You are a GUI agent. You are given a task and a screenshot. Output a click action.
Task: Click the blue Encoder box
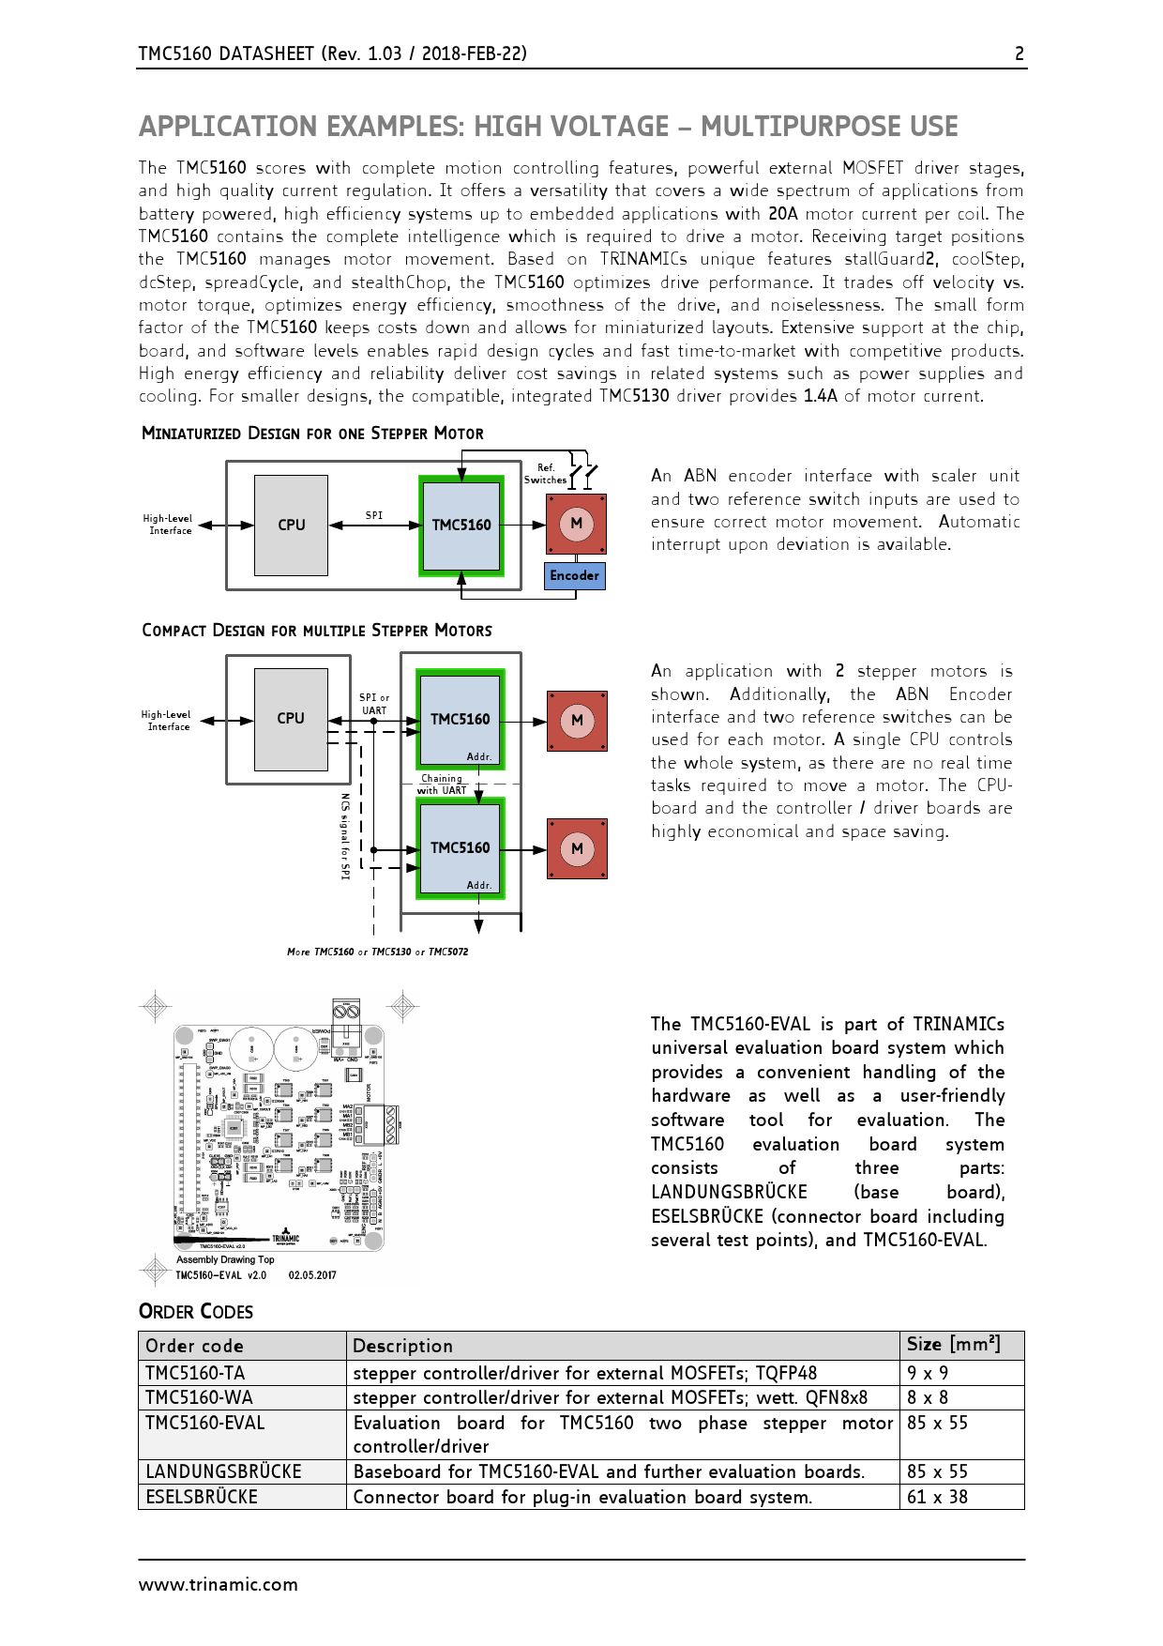(574, 575)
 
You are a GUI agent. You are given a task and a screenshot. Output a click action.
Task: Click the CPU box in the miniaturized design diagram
(291, 525)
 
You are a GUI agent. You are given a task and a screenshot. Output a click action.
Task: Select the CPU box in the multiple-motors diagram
(291, 718)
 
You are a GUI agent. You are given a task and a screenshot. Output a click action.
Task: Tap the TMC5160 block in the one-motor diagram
(461, 525)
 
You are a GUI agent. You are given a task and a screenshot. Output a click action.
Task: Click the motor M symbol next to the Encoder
(576, 524)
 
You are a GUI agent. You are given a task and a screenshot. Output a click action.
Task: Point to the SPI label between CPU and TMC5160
(374, 515)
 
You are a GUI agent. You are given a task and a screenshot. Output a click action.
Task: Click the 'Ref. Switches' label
(545, 474)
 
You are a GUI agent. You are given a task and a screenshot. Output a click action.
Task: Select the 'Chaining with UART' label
(442, 785)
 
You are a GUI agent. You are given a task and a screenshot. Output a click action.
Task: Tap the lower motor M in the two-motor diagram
(577, 848)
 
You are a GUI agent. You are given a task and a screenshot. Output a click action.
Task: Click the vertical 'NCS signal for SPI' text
(345, 836)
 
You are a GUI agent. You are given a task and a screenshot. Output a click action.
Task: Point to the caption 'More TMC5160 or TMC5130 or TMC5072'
(377, 952)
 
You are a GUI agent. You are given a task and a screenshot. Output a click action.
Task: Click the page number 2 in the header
(1020, 53)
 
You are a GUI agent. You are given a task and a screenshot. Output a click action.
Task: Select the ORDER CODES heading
(196, 1312)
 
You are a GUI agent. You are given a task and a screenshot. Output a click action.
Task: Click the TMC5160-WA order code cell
(199, 1397)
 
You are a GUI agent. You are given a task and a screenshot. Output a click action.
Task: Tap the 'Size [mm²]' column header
(953, 1344)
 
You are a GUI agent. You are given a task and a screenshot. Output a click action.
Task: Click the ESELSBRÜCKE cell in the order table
(202, 1497)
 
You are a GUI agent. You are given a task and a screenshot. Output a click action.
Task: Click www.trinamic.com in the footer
(219, 1585)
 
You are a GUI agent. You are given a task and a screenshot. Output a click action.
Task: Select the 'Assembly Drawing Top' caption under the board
(225, 1259)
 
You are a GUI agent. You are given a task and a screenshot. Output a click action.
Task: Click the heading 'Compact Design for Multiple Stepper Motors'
(317, 631)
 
